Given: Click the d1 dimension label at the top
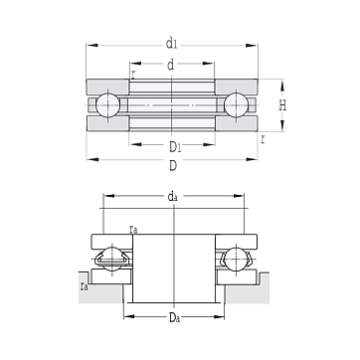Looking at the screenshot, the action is (171, 44).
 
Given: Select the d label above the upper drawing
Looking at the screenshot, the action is (170, 65).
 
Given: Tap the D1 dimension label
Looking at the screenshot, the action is (175, 147).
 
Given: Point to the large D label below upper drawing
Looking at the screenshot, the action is (173, 165).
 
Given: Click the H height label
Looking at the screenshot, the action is (282, 105).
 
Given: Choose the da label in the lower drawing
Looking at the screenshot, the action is (172, 197).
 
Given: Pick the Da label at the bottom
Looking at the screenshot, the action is (175, 317).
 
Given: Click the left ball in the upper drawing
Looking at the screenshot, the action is (107, 105).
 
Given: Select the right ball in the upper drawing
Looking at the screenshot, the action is (236, 105).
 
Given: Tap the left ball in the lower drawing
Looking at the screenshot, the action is (112, 259).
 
